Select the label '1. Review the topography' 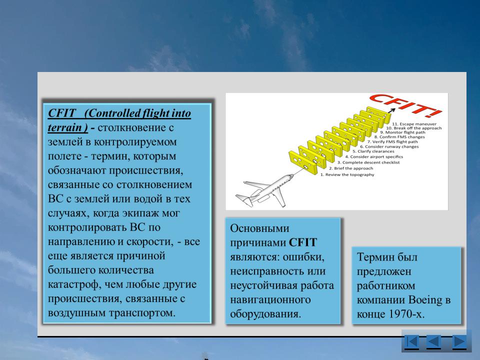coord(347,175)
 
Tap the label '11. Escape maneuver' coord(414,124)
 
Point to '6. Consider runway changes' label coord(389,146)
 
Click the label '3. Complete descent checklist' coord(368,162)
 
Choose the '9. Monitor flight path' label coord(402,132)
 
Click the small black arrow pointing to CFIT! coord(390,110)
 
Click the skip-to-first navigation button coord(411,341)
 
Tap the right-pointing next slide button coord(459,341)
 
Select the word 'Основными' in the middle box coord(259,228)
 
